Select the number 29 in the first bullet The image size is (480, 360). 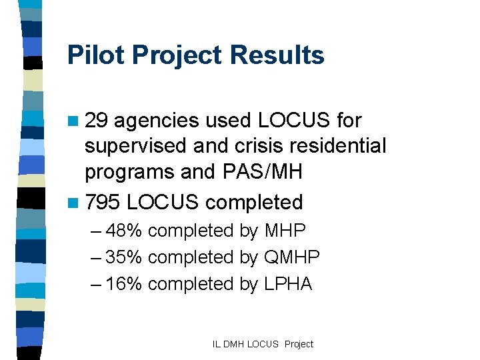[99, 121]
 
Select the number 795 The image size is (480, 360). [103, 201]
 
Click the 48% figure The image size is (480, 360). [124, 231]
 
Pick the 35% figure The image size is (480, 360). [124, 257]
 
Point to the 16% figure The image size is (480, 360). [124, 284]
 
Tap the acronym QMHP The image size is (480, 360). [292, 257]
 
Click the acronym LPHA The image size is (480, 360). [288, 284]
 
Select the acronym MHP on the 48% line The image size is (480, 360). [285, 231]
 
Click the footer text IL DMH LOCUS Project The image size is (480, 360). [263, 344]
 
